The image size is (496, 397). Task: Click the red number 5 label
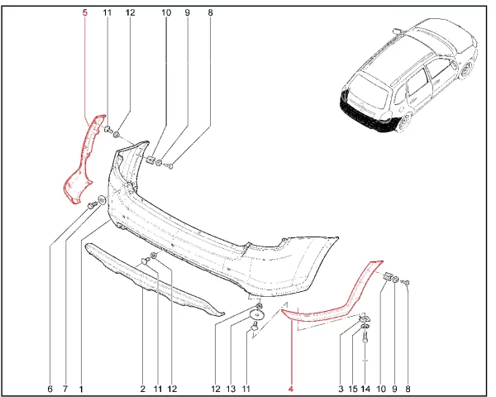click(84, 12)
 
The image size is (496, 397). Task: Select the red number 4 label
click(291, 389)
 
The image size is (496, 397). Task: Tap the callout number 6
click(50, 389)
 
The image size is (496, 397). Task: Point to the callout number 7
click(65, 389)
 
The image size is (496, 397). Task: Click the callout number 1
click(81, 389)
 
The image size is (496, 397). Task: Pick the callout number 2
click(143, 389)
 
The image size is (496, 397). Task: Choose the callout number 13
click(231, 389)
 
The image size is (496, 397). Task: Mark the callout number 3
click(341, 389)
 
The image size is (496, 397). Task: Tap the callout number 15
click(353, 389)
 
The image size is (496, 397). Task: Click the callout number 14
click(365, 389)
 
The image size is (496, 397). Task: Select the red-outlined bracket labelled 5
click(83, 158)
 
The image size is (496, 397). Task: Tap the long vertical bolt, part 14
click(365, 338)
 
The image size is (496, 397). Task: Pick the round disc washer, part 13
click(257, 315)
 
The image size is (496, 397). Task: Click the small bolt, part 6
click(92, 205)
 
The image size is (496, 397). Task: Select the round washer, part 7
click(103, 200)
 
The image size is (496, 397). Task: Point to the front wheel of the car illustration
click(467, 70)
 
